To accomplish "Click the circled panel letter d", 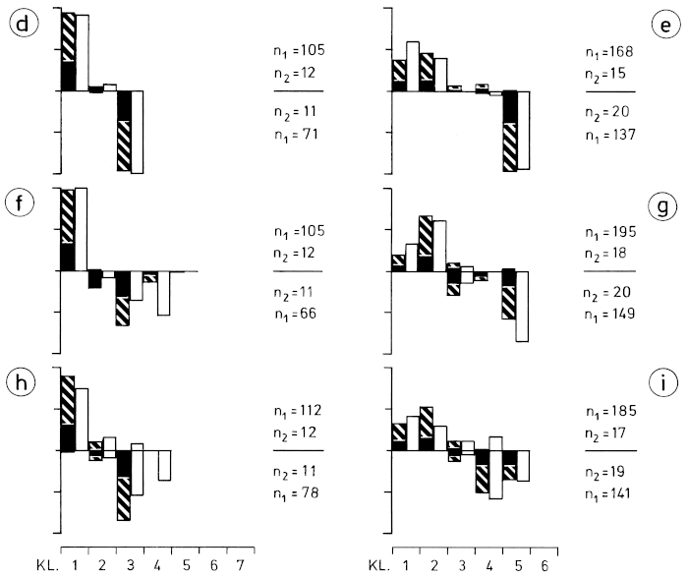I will (20, 22).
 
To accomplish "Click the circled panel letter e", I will (665, 22).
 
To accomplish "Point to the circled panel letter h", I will (20, 379).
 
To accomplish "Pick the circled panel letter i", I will (665, 379).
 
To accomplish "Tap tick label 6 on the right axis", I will (558, 567).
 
